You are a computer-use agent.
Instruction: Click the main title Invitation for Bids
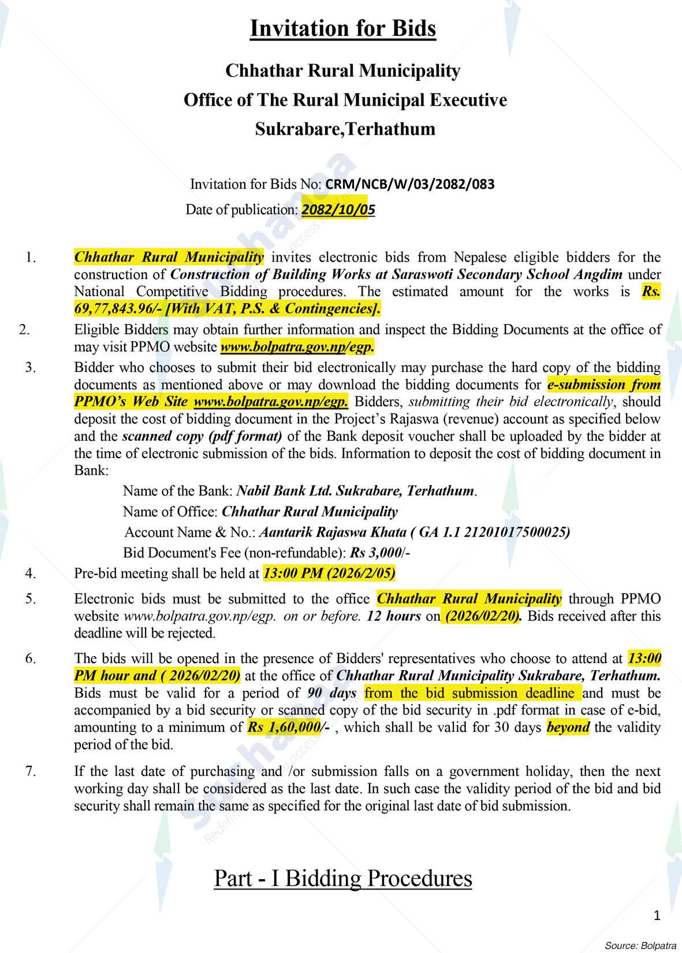coord(342,28)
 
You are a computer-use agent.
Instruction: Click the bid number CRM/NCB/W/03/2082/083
coord(410,184)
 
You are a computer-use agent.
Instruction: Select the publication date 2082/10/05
coord(338,210)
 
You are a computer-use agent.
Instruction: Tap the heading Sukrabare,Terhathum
coord(345,128)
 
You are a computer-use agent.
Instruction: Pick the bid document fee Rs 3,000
coord(376,553)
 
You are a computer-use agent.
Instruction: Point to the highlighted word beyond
coord(568,727)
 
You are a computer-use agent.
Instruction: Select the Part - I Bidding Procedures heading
coord(343,878)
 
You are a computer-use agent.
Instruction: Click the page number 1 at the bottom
coord(657,915)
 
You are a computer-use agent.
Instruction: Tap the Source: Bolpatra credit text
coord(640,945)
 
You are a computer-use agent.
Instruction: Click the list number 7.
coord(31,770)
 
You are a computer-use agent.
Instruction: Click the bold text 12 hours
coord(393,616)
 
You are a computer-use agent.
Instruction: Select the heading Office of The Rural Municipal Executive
coord(345,100)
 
